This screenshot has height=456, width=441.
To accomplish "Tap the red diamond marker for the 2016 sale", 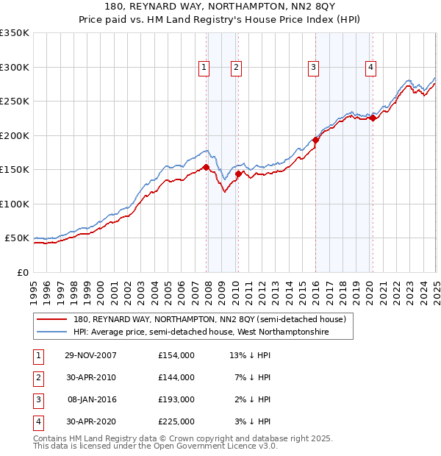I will tap(315, 140).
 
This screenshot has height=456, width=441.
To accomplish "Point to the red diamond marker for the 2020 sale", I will tap(373, 118).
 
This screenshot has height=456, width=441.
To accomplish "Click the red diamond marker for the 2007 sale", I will tap(207, 167).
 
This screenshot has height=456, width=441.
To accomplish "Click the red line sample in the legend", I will tap(51, 320).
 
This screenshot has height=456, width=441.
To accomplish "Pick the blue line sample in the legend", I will tap(51, 332).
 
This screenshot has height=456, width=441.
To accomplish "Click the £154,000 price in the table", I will tap(176, 355).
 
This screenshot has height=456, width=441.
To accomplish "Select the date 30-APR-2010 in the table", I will tap(90, 377).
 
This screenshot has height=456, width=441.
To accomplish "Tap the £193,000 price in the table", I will tap(176, 399).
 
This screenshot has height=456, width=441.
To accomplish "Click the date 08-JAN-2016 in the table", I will tap(92, 399).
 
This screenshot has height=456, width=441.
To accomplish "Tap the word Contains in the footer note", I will tap(52, 438).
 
